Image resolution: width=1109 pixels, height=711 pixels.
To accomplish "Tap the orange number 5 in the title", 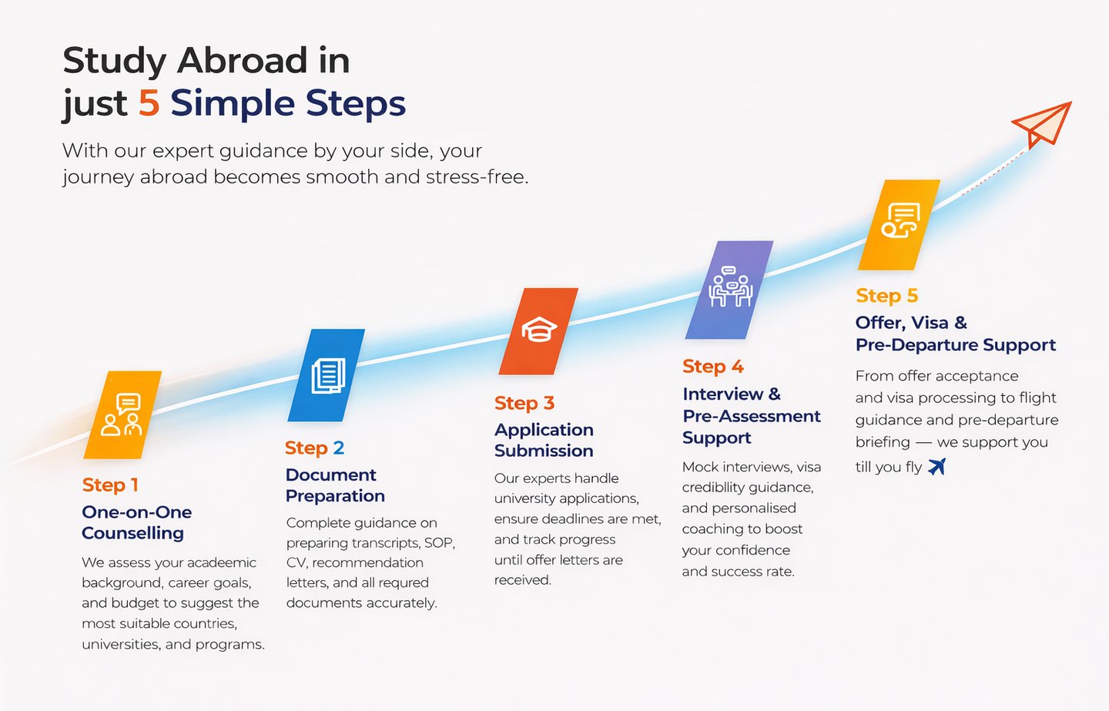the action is coord(149,103).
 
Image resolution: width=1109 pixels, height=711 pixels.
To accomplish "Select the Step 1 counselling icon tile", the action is coord(123,415).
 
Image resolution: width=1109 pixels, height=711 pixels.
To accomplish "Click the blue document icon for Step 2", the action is coord(327,376).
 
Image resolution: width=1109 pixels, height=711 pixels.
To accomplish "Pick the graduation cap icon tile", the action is coord(539,330).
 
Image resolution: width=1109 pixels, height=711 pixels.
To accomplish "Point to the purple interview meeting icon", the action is coord(729,290).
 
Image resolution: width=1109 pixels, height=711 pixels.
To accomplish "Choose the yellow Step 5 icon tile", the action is coord(900,224).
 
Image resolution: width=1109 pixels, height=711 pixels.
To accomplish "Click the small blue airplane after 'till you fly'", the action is coord(936,466).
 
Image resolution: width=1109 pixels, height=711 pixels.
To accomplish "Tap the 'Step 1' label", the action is coord(110,485).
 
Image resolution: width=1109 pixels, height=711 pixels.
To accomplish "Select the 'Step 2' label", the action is coord(314,448).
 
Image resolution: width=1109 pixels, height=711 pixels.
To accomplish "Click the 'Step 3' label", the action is coord(524,404).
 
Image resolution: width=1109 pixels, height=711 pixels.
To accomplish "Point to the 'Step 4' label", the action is coord(712,367).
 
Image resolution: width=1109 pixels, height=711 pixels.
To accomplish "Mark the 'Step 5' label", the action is coord(886,296).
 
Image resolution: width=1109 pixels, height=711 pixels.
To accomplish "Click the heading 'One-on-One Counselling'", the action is coord(136,522).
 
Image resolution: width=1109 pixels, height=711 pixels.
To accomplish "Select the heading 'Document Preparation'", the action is coord(335,485).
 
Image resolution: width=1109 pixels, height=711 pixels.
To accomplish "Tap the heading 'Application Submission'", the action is coord(544,440).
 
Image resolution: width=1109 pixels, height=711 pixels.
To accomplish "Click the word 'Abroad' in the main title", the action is coord(243,61).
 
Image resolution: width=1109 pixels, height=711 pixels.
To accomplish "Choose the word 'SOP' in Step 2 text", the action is coord(438,543).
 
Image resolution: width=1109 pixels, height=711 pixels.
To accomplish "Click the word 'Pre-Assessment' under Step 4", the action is coord(751,416).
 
